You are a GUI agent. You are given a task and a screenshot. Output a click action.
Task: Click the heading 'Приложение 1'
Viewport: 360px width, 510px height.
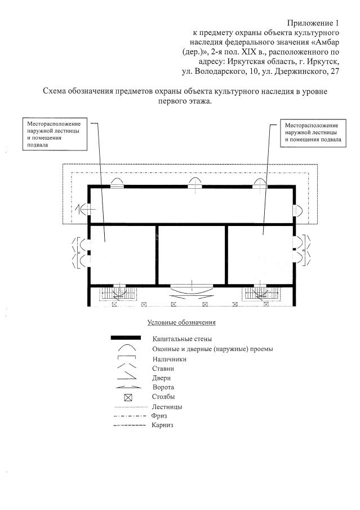314,23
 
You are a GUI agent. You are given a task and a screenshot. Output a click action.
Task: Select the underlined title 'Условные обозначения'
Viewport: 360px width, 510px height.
182,323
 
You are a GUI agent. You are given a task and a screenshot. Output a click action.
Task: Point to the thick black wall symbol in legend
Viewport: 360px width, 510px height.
126,338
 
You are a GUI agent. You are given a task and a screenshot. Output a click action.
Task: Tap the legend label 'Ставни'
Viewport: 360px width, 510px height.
163,369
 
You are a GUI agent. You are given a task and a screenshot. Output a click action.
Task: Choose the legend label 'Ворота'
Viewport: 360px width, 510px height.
163,388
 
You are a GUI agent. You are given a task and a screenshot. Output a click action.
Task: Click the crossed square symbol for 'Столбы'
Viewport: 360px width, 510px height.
127,397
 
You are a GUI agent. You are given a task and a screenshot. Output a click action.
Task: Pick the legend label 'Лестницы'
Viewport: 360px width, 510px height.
167,407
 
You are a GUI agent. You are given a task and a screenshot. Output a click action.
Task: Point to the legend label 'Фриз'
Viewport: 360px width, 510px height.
158,416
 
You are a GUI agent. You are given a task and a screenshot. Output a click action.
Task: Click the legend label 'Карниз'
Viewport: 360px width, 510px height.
162,425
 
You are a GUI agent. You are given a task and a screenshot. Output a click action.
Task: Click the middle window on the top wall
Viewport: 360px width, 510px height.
195,184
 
